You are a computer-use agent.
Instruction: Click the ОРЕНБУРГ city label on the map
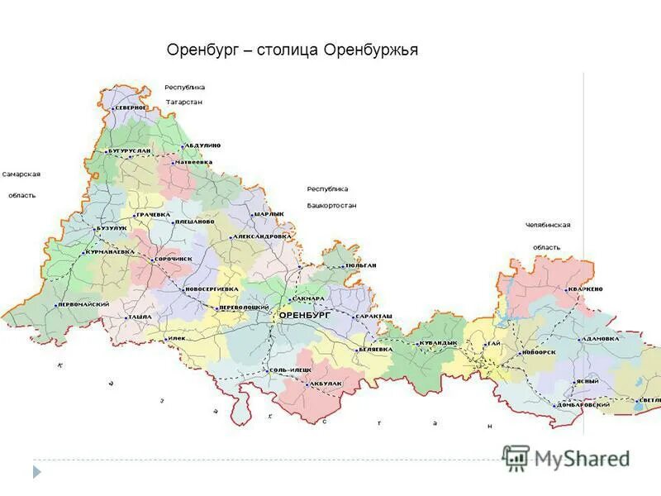(304, 316)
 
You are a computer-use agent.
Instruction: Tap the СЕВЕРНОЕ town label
(131, 107)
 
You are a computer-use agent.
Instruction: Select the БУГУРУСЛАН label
(130, 151)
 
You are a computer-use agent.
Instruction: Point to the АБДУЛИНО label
(202, 145)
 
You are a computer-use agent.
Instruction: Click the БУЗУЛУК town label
(111, 227)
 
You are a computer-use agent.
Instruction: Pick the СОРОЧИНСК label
(174, 259)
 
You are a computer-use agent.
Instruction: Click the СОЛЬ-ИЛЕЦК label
(291, 369)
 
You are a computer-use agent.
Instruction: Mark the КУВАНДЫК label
(438, 342)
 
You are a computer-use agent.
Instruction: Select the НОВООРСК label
(539, 353)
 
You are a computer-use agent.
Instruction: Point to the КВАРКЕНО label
(585, 289)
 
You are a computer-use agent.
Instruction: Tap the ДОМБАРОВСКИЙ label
(583, 404)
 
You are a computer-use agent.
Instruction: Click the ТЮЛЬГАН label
(360, 265)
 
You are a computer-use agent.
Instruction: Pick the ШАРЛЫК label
(269, 214)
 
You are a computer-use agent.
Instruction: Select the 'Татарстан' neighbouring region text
(184, 102)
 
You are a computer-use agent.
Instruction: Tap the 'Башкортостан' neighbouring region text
(331, 204)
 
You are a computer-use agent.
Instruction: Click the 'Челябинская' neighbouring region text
(548, 225)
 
